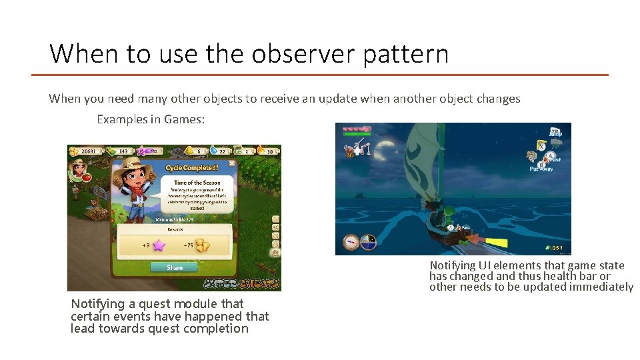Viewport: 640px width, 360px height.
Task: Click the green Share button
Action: coord(174,267)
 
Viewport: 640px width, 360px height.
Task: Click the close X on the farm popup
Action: coord(231,163)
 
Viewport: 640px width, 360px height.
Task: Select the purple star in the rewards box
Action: coord(159,245)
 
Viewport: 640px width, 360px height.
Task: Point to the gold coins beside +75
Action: coord(201,245)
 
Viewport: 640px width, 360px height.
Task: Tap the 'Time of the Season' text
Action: coord(197,182)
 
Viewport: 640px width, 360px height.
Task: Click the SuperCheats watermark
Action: coord(241,283)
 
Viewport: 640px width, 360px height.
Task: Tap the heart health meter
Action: coord(357,127)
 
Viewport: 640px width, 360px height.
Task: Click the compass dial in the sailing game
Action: coord(368,243)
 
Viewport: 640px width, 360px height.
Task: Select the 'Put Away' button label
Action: coord(542,169)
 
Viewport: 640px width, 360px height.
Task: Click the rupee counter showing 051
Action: coord(557,248)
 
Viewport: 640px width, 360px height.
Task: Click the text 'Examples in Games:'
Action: coord(141,119)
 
